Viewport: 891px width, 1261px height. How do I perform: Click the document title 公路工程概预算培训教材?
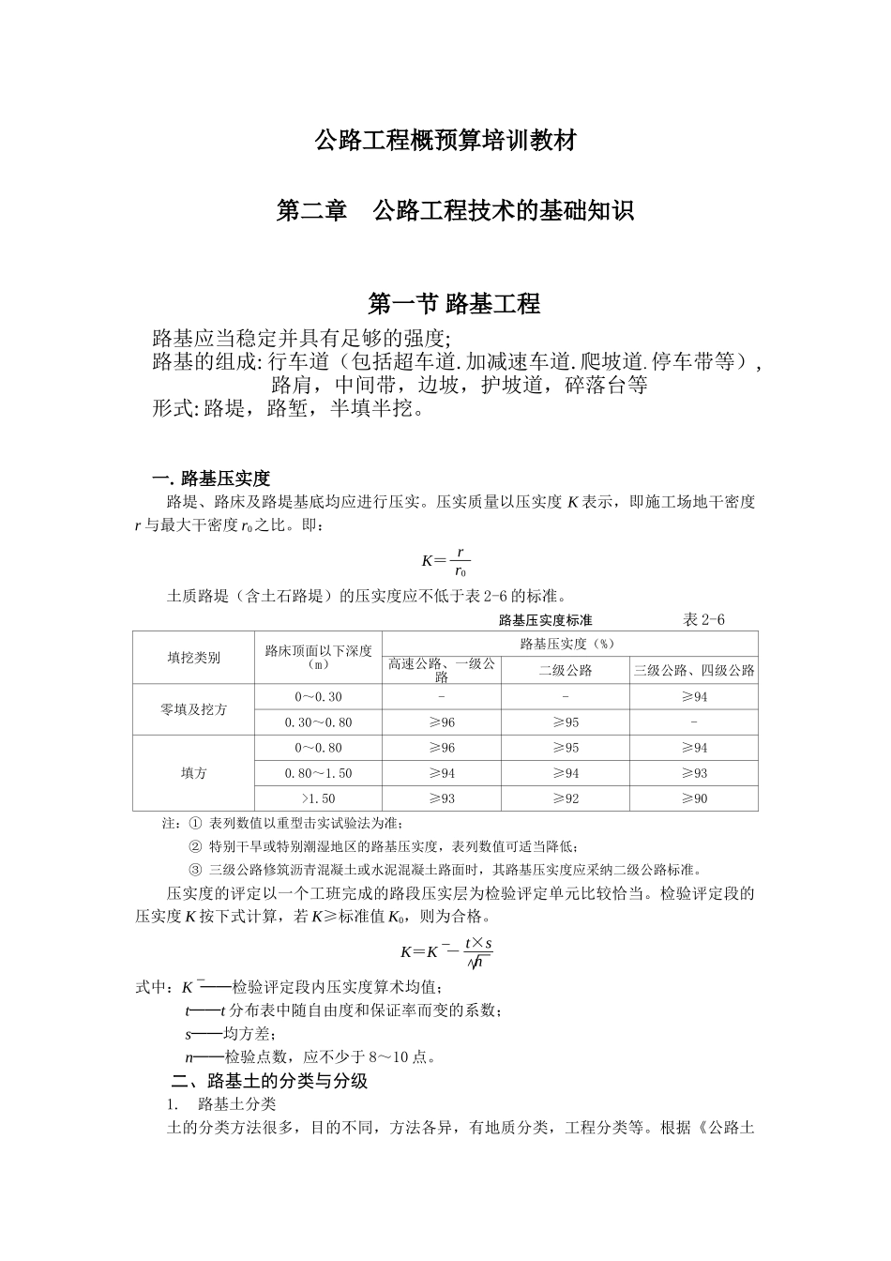click(x=445, y=142)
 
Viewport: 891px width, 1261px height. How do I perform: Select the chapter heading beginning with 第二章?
click(x=454, y=211)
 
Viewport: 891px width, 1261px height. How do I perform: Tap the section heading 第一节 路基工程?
click(x=454, y=304)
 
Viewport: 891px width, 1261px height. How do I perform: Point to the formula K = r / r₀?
click(x=445, y=561)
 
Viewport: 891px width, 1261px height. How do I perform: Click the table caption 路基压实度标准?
click(x=545, y=619)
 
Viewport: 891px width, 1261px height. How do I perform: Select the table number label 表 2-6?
click(x=703, y=619)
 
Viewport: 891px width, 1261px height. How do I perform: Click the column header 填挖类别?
click(x=193, y=658)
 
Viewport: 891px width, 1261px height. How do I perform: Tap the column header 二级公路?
click(x=565, y=670)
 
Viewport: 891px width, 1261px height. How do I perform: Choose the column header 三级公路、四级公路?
click(x=694, y=670)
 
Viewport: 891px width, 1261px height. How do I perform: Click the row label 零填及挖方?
click(x=193, y=709)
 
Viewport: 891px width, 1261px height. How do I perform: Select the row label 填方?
click(x=193, y=773)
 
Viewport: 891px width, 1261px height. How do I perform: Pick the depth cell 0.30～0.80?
click(x=318, y=722)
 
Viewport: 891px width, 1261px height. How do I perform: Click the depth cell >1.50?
click(x=318, y=798)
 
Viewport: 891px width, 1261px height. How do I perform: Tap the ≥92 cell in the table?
click(x=565, y=798)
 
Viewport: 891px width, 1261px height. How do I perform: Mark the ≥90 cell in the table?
click(x=694, y=798)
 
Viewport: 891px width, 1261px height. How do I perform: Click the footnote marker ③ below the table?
click(x=195, y=869)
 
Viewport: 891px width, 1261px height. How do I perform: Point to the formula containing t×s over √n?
click(x=446, y=950)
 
